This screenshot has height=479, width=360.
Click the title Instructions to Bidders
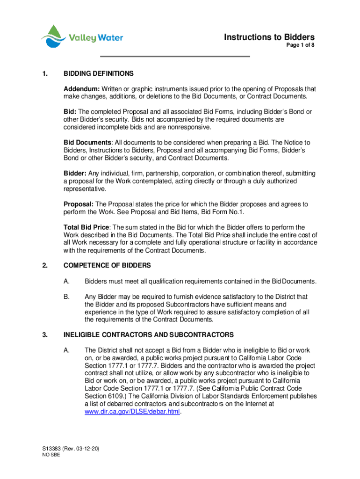pyautogui.click(x=269, y=37)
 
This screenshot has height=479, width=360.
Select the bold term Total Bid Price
pyautogui.click(x=87, y=227)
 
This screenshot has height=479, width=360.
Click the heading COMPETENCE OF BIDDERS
pyautogui.click(x=107, y=266)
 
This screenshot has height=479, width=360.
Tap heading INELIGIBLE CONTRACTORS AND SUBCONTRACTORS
pyautogui.click(x=148, y=335)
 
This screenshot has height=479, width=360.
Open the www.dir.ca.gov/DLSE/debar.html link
pyautogui.click(x=132, y=412)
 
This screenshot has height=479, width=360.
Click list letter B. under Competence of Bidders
pyautogui.click(x=67, y=297)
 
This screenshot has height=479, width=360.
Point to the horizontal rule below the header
pyautogui.click(x=175, y=57)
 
